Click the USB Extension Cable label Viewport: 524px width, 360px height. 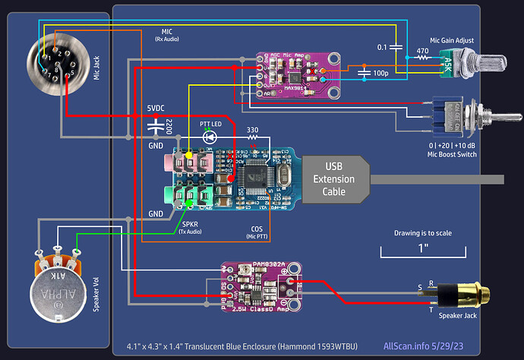pyautogui.click(x=336, y=179)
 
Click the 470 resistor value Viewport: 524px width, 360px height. pyautogui.click(x=423, y=52)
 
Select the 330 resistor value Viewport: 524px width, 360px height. pyautogui.click(x=254, y=129)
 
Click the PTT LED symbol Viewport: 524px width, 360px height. pyautogui.click(x=210, y=137)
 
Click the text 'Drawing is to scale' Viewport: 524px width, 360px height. pyautogui.click(x=423, y=233)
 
